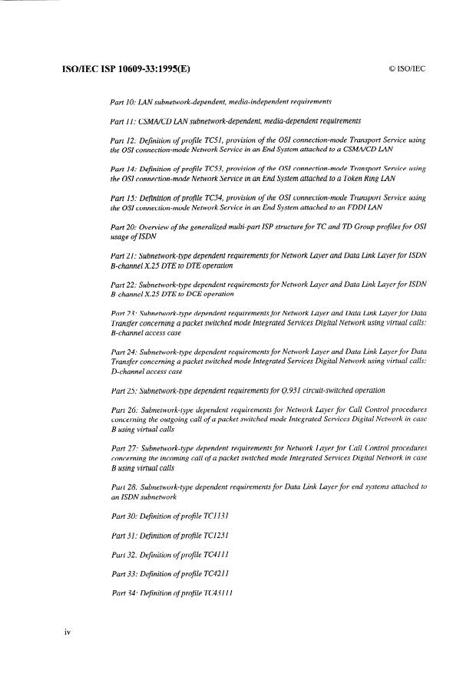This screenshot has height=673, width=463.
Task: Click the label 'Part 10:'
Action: [x=125, y=102]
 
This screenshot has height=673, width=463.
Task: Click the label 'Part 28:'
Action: [x=126, y=487]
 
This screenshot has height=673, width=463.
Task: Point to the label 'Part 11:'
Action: [x=125, y=121]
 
